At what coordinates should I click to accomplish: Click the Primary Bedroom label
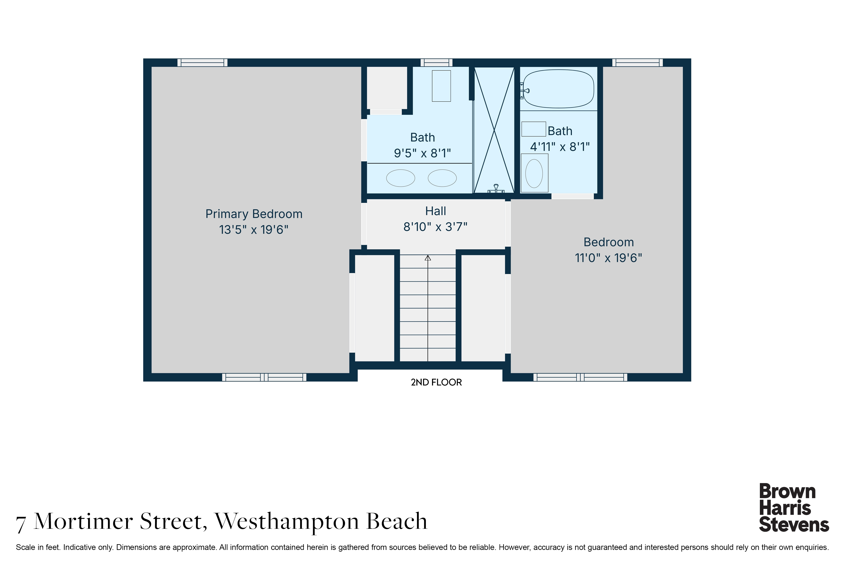tap(254, 214)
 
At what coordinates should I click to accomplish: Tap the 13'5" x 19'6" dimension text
tap(254, 230)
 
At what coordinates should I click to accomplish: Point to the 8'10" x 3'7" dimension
tap(435, 227)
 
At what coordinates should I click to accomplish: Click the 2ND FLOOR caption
tap(436, 382)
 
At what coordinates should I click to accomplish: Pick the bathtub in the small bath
tap(558, 89)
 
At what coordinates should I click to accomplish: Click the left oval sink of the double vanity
tap(401, 178)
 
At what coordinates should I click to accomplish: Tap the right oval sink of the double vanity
tap(442, 178)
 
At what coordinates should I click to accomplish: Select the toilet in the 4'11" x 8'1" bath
tap(534, 173)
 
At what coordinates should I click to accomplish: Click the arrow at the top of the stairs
tap(428, 258)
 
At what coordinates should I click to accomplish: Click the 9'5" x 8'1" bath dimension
tap(422, 153)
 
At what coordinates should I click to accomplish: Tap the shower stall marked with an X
tap(494, 130)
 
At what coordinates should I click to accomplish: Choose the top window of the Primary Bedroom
tap(202, 62)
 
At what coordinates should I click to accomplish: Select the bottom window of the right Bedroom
tap(580, 377)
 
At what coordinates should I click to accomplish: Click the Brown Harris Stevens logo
tap(794, 508)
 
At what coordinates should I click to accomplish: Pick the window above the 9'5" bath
tap(436, 62)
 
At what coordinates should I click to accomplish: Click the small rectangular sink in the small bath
tap(533, 129)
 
